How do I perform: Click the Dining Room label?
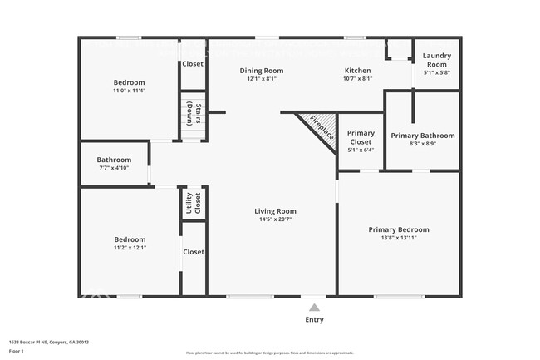[262, 71]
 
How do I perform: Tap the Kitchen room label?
[358, 71]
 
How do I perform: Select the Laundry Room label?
[436, 60]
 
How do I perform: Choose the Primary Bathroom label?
[423, 136]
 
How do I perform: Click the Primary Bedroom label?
[399, 229]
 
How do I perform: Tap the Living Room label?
[275, 211]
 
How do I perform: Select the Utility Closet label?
[193, 204]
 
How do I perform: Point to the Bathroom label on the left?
[114, 160]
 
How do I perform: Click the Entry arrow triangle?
[314, 308]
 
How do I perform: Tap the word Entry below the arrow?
[314, 320]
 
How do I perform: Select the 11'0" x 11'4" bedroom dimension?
[129, 91]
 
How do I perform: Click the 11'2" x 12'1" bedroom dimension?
[129, 248]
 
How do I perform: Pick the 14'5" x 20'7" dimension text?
[275, 220]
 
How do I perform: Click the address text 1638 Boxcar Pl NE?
[49, 342]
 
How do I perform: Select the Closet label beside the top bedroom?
[193, 63]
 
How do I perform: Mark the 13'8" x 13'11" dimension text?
[399, 239]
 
